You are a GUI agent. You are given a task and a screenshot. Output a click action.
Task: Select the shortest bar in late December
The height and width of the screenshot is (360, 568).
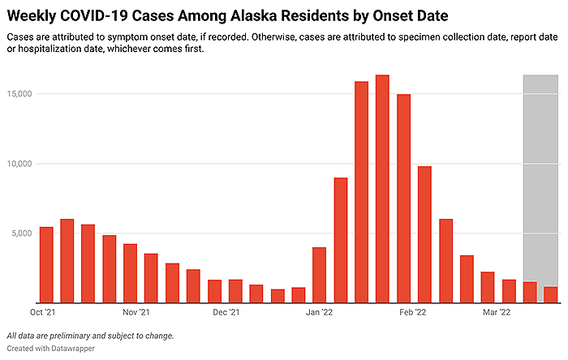(278, 296)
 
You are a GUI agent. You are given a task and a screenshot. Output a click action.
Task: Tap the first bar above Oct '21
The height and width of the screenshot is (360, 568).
(46, 264)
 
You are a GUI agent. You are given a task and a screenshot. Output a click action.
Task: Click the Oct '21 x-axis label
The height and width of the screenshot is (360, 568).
(42, 311)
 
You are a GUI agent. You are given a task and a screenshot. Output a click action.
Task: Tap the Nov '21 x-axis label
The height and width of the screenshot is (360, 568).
(136, 311)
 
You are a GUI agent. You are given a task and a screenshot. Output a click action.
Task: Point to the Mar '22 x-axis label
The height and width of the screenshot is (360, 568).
(496, 311)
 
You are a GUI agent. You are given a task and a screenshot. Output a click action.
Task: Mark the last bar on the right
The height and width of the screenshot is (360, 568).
(550, 294)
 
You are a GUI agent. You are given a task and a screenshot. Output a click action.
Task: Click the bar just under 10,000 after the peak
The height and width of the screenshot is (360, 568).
(424, 234)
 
